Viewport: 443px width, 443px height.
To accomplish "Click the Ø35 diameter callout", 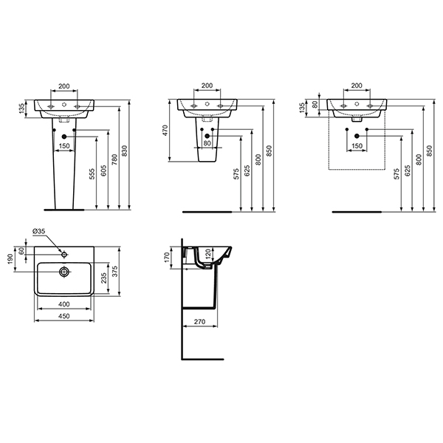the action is click(39, 231).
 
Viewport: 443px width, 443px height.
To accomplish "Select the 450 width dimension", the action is click(64, 316).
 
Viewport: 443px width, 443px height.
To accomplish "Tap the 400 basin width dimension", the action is click(64, 304).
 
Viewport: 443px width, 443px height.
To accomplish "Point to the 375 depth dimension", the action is click(115, 271).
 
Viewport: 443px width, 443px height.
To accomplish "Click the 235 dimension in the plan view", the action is click(103, 278).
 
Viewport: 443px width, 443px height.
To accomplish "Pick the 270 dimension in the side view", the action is click(200, 321).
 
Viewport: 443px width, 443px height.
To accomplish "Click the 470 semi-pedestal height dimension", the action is click(165, 130).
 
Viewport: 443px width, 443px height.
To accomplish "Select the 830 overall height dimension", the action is click(125, 151).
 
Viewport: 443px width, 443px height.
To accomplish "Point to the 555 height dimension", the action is click(92, 174).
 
